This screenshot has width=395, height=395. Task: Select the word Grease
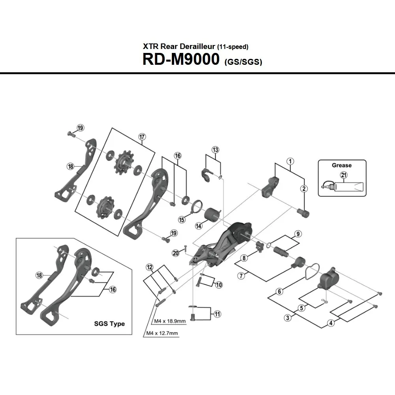342,165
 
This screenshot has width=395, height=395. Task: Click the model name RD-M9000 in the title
181,59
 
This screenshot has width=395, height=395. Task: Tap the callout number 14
198,226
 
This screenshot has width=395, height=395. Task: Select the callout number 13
215,150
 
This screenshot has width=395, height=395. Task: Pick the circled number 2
304,188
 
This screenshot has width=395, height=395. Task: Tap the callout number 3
288,318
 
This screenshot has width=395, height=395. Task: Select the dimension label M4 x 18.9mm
167,321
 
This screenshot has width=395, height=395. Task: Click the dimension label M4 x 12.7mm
162,333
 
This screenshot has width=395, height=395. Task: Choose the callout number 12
149,267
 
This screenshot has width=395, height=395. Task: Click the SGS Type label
109,324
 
